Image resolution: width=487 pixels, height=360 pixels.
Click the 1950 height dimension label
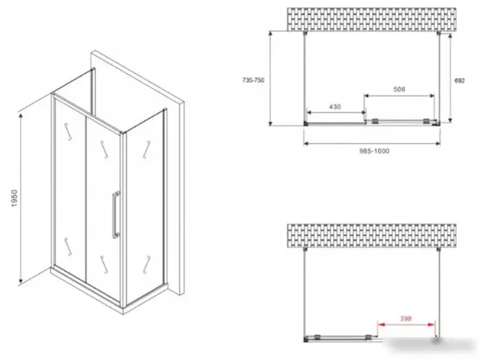pyautogui.click(x=15, y=198)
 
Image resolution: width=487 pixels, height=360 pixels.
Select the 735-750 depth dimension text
pyautogui.click(x=253, y=80)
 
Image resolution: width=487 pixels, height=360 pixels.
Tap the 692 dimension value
pyautogui.click(x=460, y=81)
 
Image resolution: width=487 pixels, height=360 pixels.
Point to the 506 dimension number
pyautogui.click(x=399, y=89)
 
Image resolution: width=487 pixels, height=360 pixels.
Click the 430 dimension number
pyautogui.click(x=335, y=107)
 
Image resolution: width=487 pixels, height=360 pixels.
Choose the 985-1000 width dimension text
pyautogui.click(x=374, y=151)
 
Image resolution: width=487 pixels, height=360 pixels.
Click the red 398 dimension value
pyautogui.click(x=406, y=318)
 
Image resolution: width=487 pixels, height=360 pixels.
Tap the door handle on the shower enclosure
pyautogui.click(x=115, y=214)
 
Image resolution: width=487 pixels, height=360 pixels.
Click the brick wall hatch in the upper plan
pyautogui.click(x=372, y=19)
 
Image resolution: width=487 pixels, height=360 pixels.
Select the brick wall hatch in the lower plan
pyautogui.click(x=372, y=235)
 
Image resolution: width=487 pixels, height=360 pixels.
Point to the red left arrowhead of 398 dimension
pyautogui.click(x=381, y=324)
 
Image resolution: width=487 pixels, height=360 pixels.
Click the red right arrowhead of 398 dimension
pyautogui.click(x=431, y=324)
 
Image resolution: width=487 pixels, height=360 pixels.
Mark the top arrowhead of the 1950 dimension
pyautogui.click(x=20, y=116)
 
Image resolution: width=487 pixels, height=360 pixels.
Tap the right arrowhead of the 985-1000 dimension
pyautogui.click(x=438, y=143)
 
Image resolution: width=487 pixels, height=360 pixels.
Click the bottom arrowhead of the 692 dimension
pyautogui.click(x=450, y=119)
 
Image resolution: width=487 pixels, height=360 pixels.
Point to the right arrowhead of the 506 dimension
pyautogui.click(x=431, y=96)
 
